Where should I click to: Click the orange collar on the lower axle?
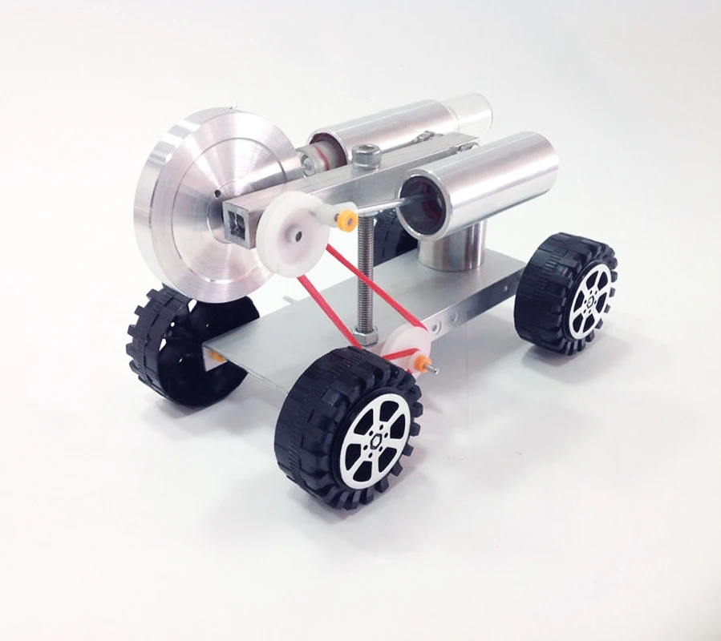(x=419, y=363)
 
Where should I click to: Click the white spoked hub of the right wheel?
(x=589, y=299)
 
